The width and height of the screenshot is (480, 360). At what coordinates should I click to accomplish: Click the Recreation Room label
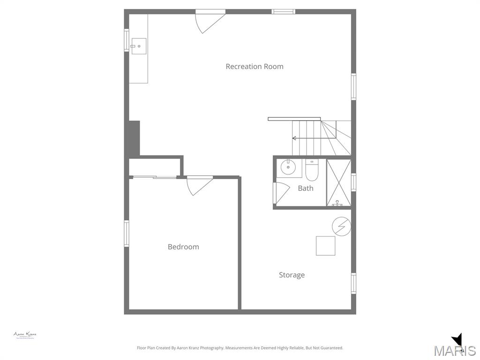pos(255,67)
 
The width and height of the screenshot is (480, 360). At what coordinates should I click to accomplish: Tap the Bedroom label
pos(183,247)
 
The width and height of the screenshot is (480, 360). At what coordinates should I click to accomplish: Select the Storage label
pos(292,275)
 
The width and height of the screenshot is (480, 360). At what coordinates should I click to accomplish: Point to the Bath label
pos(306,188)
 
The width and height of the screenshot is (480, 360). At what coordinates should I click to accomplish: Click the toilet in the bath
pos(312,171)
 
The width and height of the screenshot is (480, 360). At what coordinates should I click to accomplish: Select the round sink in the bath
pos(288,167)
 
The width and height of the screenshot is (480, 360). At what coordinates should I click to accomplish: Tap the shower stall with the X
pos(338,183)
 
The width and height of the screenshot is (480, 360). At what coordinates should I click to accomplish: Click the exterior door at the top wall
pos(210,21)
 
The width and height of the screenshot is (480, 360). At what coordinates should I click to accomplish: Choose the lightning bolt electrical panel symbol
pos(341,227)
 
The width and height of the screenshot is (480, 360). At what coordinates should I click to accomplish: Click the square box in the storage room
pos(325,246)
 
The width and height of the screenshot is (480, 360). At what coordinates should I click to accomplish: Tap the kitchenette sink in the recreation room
pos(139,46)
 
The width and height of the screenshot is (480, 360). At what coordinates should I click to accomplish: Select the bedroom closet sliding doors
pos(155,177)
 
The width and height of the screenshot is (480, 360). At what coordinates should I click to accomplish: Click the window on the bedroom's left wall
pos(127,233)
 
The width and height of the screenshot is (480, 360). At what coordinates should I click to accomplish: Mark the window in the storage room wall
pos(353,283)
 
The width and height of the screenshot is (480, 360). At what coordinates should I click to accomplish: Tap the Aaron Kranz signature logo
pos(24,335)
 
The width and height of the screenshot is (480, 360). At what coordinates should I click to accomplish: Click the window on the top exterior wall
pos(284,12)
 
